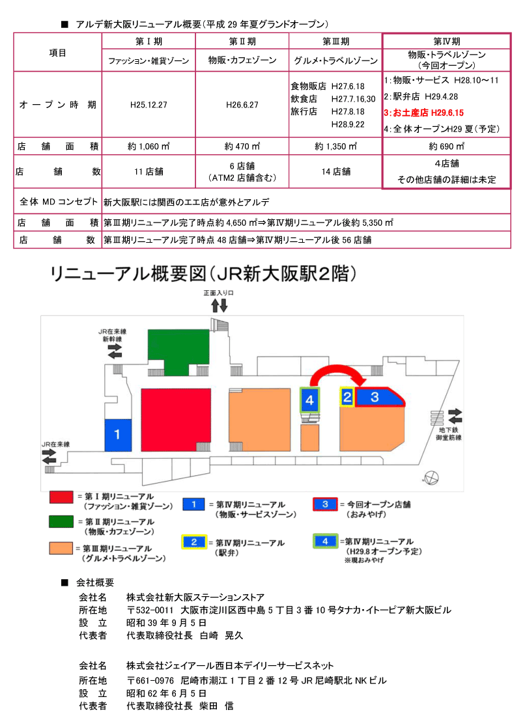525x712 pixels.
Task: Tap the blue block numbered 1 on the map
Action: (x=118, y=434)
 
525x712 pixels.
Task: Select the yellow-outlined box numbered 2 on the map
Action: (x=347, y=396)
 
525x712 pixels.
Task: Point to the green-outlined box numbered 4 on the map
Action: (x=309, y=400)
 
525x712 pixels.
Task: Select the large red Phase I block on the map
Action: (x=176, y=419)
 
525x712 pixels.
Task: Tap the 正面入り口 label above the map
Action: (x=218, y=294)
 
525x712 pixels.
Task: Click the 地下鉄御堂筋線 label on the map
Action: (x=450, y=433)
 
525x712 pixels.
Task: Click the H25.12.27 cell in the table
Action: (x=149, y=104)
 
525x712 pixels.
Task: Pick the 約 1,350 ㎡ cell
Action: (x=335, y=146)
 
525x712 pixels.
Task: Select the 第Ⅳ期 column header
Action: (x=446, y=40)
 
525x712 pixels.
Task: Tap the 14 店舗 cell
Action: (x=335, y=172)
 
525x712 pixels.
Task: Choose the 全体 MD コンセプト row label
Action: (x=57, y=202)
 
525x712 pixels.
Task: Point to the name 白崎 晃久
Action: (x=221, y=635)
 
